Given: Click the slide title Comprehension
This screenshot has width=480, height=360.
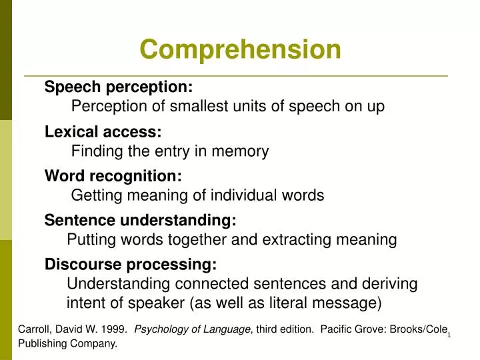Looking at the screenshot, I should click(x=240, y=49).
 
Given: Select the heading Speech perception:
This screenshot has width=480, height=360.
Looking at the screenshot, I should click(x=119, y=87).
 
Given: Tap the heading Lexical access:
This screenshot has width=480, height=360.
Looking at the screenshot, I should click(x=103, y=131).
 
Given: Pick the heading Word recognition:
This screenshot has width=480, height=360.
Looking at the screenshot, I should click(x=113, y=175).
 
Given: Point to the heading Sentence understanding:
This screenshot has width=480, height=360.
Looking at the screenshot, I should click(x=140, y=220).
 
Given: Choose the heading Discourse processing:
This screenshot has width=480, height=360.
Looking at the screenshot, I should click(x=131, y=265).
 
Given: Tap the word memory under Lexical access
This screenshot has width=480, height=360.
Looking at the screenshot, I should click(x=243, y=151).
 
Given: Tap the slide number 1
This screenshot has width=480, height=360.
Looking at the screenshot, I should click(x=449, y=334).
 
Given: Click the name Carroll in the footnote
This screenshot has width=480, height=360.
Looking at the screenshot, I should click(x=33, y=329).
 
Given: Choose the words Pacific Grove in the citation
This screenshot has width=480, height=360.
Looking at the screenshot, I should click(x=351, y=329).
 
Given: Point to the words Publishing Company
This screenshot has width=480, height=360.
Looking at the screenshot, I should click(x=67, y=344).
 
